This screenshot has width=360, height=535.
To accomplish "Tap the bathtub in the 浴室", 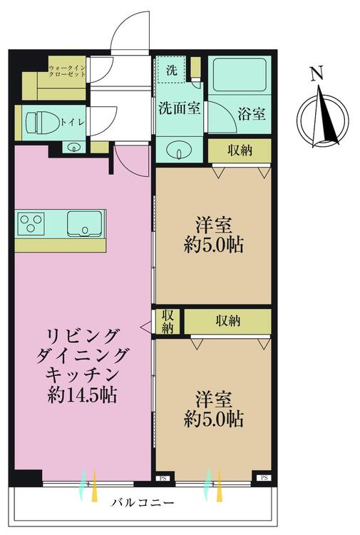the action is [x=240, y=75].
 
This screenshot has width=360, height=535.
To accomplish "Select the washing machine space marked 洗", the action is [x=171, y=69].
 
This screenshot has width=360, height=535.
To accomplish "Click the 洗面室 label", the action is [x=180, y=108].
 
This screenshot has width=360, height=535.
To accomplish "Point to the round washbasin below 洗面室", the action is [x=180, y=150].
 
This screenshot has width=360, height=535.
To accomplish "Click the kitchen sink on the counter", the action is [x=85, y=223].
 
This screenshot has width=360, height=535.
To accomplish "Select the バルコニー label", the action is [x=143, y=502].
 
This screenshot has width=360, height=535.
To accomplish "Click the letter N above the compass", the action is [x=317, y=73].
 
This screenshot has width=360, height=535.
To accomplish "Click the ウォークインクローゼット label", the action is [x=67, y=71].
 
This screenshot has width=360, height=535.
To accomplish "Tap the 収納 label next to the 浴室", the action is [x=240, y=150].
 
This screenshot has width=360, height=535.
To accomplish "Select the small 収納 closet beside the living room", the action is [x=168, y=322].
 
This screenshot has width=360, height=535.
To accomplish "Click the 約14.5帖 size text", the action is [x=82, y=395].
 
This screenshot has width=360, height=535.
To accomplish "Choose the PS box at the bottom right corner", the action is [x=264, y=478].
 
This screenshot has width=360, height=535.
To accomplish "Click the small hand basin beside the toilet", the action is [x=73, y=148].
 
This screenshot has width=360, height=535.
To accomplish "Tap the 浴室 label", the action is [x=252, y=114].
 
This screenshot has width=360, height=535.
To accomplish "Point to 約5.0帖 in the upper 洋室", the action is [x=214, y=245].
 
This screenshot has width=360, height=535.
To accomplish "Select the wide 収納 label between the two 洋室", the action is [x=227, y=321].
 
